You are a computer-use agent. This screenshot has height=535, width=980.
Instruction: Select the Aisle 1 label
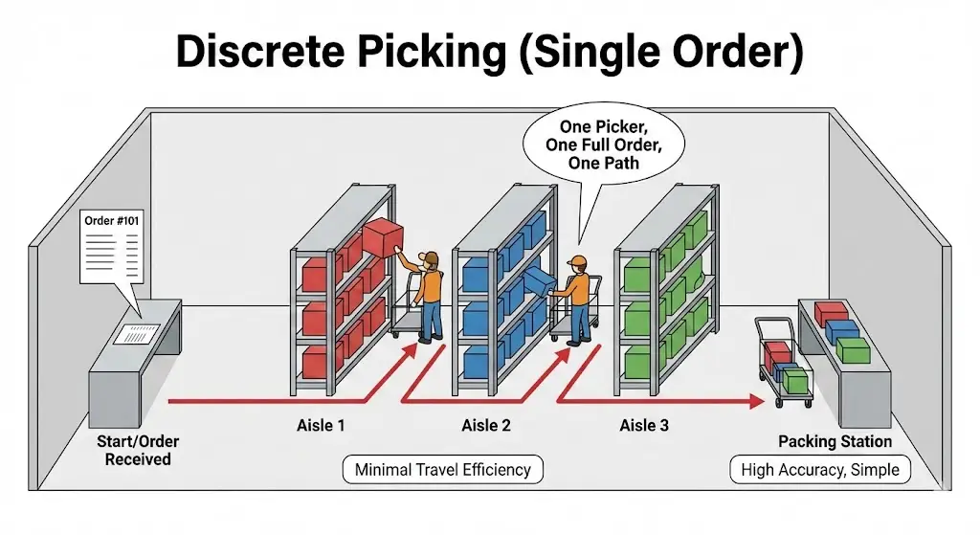(x=321, y=425)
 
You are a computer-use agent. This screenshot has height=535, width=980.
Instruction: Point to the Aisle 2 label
(x=486, y=425)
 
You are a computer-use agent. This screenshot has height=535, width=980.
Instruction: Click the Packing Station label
(x=835, y=441)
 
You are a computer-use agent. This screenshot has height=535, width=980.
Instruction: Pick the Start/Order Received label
(x=138, y=450)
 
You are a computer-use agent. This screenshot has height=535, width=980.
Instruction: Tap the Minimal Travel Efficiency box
(x=442, y=469)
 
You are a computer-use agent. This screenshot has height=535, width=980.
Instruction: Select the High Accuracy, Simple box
(x=820, y=470)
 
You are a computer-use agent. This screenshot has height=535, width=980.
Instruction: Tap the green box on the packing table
(x=852, y=350)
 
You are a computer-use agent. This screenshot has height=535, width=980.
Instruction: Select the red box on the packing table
(x=831, y=312)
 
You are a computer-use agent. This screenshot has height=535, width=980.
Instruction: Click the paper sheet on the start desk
(x=139, y=334)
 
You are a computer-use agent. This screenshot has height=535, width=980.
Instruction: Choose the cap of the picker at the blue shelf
(x=576, y=260)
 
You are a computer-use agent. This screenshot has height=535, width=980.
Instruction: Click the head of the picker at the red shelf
(x=431, y=259)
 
